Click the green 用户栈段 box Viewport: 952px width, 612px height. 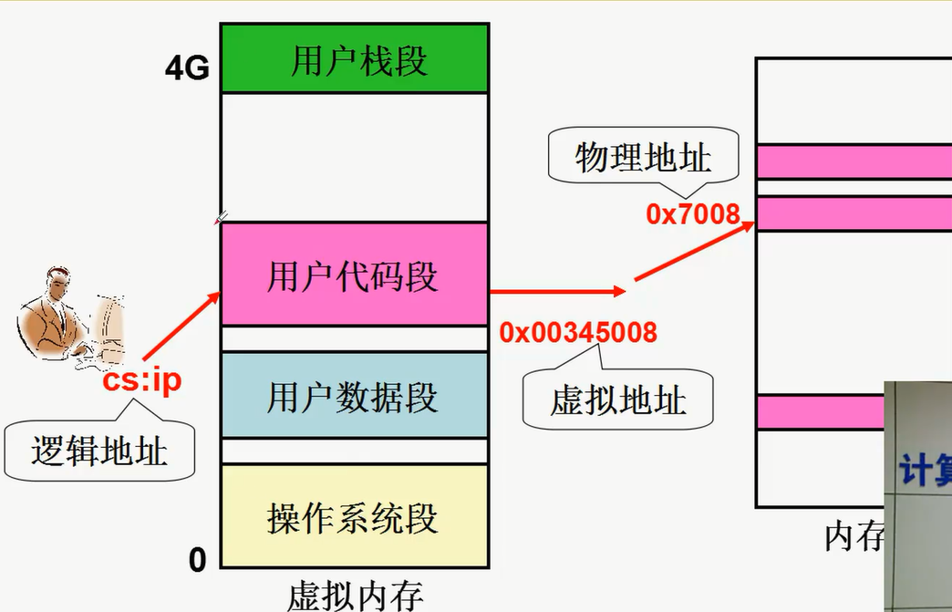point(355,61)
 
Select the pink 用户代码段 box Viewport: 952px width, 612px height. point(355,275)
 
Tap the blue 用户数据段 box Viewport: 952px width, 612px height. point(355,396)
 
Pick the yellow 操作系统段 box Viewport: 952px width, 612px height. point(355,516)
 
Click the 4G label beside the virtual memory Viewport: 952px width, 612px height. point(187,68)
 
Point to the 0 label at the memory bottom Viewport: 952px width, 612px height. point(198,560)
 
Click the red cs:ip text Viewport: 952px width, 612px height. point(141,379)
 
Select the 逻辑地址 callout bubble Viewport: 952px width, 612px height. point(99,451)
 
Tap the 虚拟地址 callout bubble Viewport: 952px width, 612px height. point(618,399)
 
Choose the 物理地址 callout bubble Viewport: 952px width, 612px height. point(643,159)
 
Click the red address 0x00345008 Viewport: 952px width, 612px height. point(578,332)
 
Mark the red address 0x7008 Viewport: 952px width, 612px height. point(692,214)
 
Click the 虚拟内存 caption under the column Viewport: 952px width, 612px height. point(355,595)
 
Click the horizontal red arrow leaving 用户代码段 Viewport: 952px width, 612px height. point(556,292)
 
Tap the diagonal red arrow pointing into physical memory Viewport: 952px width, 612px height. point(695,252)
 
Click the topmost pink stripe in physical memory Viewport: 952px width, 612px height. point(854,161)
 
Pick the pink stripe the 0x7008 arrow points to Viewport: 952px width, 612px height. point(854,213)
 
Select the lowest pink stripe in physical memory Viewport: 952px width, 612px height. point(821,411)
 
